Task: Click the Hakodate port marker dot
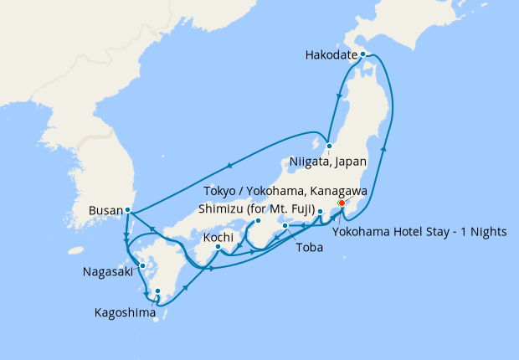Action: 362,54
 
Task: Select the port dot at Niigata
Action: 330,146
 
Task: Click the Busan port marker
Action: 127,210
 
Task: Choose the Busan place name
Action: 104,210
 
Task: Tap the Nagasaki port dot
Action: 142,266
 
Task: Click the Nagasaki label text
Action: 106,272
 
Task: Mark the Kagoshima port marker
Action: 157,291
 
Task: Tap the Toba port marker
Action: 285,226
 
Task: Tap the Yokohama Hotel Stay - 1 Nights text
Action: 419,232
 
